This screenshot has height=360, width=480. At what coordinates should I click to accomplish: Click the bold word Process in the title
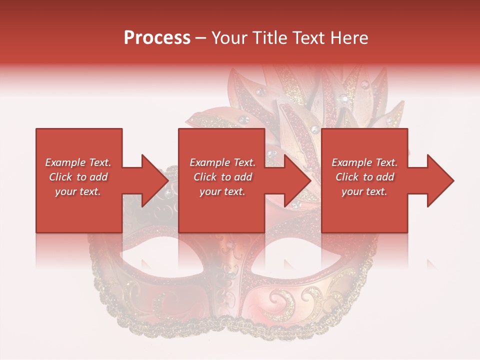[157, 38]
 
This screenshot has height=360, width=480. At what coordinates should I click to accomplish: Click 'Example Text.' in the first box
[78, 162]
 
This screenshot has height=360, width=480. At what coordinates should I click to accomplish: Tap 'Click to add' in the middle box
[222, 177]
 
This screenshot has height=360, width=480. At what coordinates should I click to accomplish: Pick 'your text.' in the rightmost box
[364, 191]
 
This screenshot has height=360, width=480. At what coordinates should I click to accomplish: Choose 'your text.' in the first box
[78, 191]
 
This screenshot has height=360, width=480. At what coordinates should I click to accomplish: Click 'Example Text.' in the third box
[364, 162]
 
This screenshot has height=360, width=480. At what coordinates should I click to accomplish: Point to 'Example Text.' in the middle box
[222, 162]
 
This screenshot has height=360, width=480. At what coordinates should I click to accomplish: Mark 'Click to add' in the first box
[78, 177]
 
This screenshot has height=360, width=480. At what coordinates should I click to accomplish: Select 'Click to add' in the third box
[364, 177]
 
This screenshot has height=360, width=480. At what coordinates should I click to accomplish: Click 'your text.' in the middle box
[222, 191]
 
